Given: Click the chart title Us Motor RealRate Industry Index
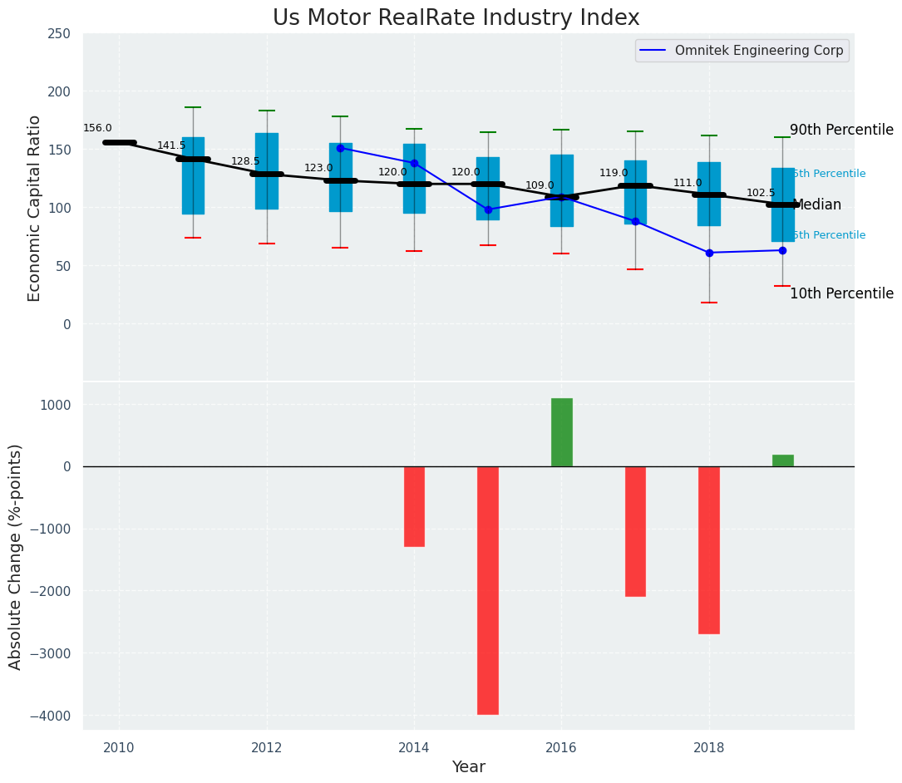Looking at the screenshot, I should [456, 18].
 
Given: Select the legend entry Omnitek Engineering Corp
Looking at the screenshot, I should [758, 51].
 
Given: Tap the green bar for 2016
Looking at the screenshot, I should [562, 432].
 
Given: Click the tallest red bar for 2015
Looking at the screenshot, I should [488, 590].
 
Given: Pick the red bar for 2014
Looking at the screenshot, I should [414, 506].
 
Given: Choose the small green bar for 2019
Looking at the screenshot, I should [782, 460].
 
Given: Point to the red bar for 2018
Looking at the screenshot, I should [708, 549].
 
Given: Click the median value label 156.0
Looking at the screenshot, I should [97, 129].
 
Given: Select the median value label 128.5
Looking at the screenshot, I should [245, 162].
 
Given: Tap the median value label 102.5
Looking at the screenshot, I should [761, 193].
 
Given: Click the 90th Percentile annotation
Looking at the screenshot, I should [841, 130].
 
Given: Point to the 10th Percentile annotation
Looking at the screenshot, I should [841, 294].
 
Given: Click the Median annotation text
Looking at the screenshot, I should [818, 205].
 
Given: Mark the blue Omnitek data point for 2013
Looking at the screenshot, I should [340, 148].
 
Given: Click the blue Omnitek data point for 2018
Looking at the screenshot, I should [709, 253].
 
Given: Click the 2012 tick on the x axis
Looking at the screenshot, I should [267, 747].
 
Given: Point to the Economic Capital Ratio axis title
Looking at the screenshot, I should [35, 208].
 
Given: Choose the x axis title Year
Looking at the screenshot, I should [469, 767].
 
